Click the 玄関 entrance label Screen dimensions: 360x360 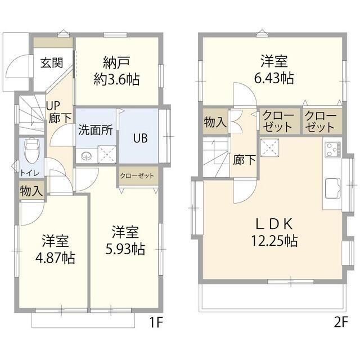[x=51, y=62]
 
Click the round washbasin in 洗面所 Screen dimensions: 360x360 [x=86, y=157]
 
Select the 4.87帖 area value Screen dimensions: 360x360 [x=55, y=258]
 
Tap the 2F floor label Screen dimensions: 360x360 [x=341, y=323]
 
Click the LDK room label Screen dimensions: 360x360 [x=274, y=224]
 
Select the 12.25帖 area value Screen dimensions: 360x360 [x=274, y=242]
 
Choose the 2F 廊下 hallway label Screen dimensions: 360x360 [x=244, y=160]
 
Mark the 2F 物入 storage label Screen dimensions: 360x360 [x=214, y=122]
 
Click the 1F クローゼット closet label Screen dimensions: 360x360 [x=137, y=176]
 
